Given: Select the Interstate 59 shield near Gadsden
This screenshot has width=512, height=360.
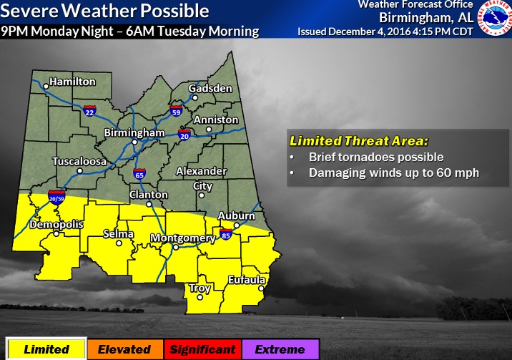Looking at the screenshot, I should [x=176, y=111].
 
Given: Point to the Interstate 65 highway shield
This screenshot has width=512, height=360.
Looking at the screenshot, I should [x=139, y=174].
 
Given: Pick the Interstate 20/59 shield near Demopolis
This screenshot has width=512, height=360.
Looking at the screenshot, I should [x=56, y=196].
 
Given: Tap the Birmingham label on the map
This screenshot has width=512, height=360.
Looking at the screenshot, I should [x=130, y=133].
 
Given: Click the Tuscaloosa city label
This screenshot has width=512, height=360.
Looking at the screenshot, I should [x=79, y=162].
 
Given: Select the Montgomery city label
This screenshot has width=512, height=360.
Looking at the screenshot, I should [x=182, y=238].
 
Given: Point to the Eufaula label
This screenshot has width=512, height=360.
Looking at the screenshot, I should [x=247, y=279].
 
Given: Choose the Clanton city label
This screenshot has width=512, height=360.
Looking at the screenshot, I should [x=149, y=195].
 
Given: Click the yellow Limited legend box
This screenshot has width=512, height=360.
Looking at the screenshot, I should [x=46, y=349].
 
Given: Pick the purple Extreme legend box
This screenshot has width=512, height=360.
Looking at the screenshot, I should [x=280, y=349].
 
